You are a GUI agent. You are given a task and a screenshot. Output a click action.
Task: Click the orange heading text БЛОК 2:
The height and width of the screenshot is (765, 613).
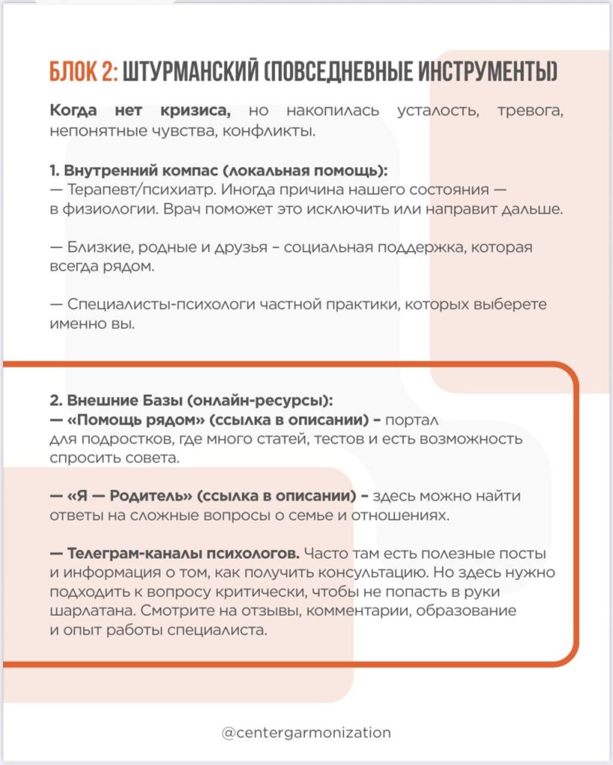point(81,72)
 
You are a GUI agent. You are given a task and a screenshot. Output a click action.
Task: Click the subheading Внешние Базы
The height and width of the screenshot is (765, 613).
point(120,400)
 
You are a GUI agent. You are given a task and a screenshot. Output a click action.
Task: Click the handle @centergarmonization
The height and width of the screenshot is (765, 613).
point(306,733)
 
